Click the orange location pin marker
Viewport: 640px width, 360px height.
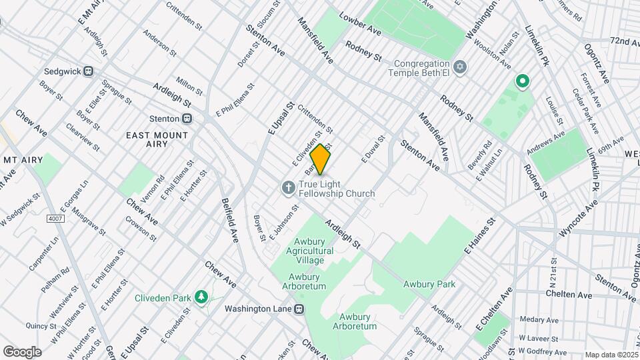point(321,159)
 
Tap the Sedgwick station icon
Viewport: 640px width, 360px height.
point(87,71)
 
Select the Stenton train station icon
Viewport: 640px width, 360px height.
point(187,119)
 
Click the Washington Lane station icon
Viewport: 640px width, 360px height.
point(301,309)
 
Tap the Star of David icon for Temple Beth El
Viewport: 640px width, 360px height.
point(459,67)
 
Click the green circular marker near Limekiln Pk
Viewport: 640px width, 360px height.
point(523,82)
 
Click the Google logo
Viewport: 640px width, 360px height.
point(22,351)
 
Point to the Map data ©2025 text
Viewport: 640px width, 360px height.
point(610,355)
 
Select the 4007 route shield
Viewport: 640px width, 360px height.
point(55,219)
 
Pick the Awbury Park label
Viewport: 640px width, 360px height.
point(429,284)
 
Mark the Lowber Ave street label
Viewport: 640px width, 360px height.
point(360,25)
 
